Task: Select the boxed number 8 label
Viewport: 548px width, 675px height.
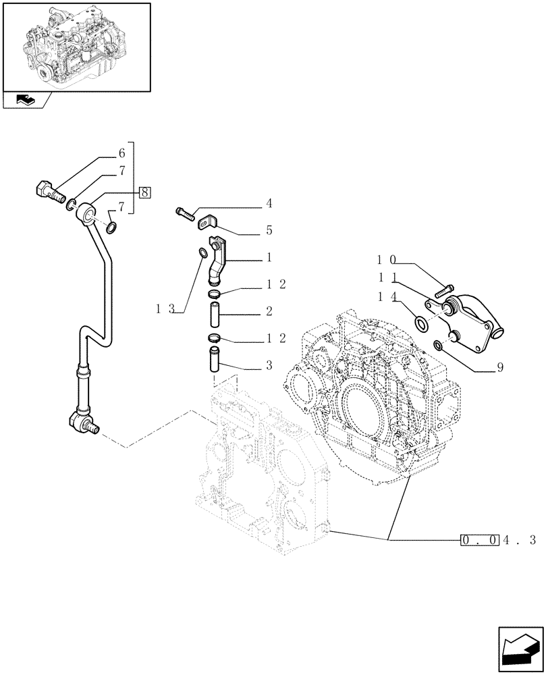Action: click(x=144, y=191)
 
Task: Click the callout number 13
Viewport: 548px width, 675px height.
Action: click(x=165, y=309)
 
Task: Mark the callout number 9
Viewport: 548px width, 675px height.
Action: click(x=500, y=369)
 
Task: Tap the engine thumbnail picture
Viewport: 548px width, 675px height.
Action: click(x=76, y=47)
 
